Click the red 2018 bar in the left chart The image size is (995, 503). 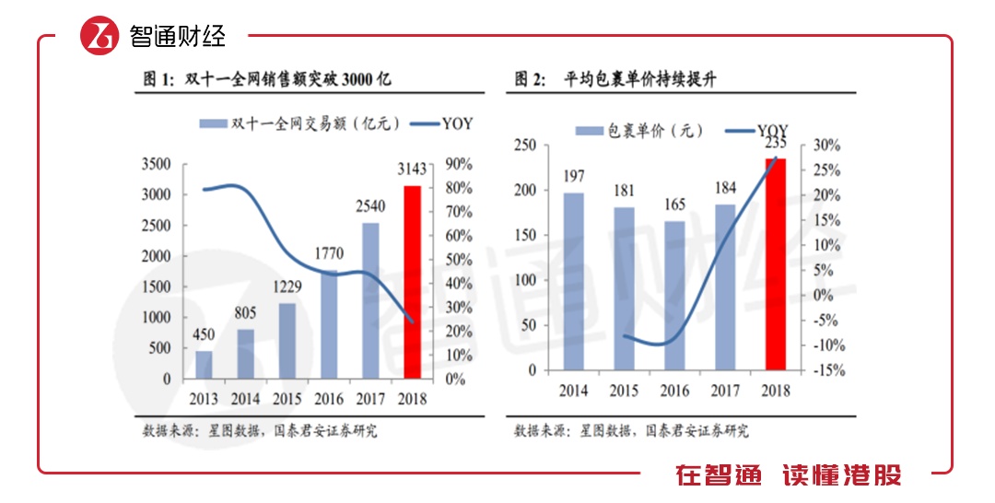point(413,282)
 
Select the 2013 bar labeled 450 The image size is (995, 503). point(204,364)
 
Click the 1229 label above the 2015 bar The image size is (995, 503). point(287,287)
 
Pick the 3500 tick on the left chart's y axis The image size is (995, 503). point(155,164)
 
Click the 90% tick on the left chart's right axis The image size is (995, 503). point(458,164)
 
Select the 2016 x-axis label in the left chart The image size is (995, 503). point(329,399)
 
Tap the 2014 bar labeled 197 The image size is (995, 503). point(574,281)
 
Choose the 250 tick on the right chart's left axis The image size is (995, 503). point(526,146)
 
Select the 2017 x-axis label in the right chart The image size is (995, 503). point(725,390)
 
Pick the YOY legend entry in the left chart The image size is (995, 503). point(433,123)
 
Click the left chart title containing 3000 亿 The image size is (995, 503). point(267,80)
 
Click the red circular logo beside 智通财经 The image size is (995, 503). point(101,35)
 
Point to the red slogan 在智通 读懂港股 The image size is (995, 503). point(789,475)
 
